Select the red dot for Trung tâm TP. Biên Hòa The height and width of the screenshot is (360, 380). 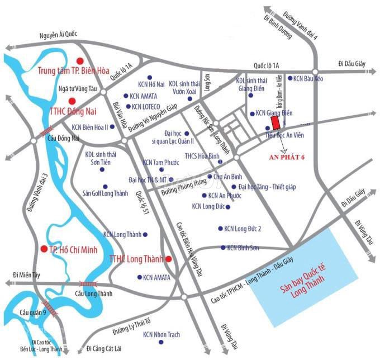(80, 60)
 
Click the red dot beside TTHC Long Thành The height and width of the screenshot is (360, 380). (168, 259)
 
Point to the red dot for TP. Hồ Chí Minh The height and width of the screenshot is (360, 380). (44, 248)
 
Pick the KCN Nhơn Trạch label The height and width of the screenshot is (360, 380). (161, 334)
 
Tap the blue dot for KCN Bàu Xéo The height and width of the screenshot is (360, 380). (289, 78)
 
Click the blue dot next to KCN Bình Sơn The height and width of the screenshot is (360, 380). (223, 247)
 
